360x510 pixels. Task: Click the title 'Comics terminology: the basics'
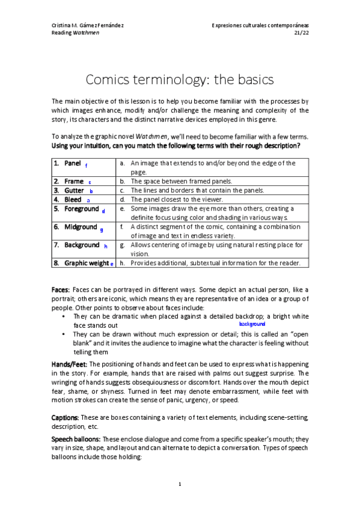pos(180,79)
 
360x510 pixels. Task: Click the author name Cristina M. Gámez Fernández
pos(89,25)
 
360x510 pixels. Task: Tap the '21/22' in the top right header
pos(301,33)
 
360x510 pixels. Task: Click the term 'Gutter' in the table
pos(74,190)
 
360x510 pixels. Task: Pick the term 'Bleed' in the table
pos(73,199)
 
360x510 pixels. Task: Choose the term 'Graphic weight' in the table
pos(87,263)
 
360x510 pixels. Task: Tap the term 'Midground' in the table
pos(80,227)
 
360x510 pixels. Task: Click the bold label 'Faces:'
pos(61,290)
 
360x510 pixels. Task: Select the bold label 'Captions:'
pos(65,417)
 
